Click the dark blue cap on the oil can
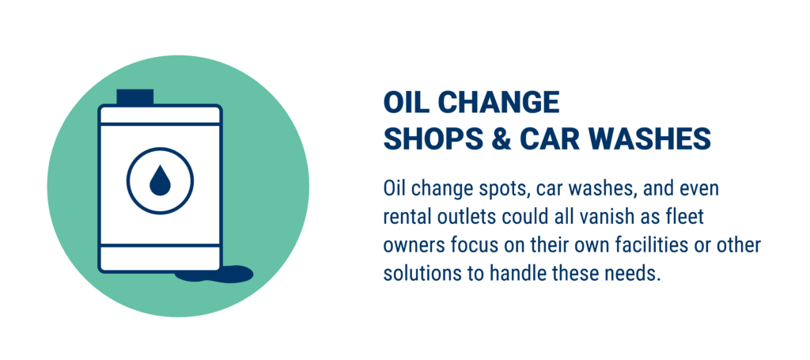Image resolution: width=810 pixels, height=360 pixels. point(134,97)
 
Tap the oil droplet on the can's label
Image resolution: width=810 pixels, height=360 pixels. point(160,180)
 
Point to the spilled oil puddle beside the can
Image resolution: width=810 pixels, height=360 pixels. point(214,274)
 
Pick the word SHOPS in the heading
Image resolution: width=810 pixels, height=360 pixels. point(433,139)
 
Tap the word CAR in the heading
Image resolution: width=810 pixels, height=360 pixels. point(551,139)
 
